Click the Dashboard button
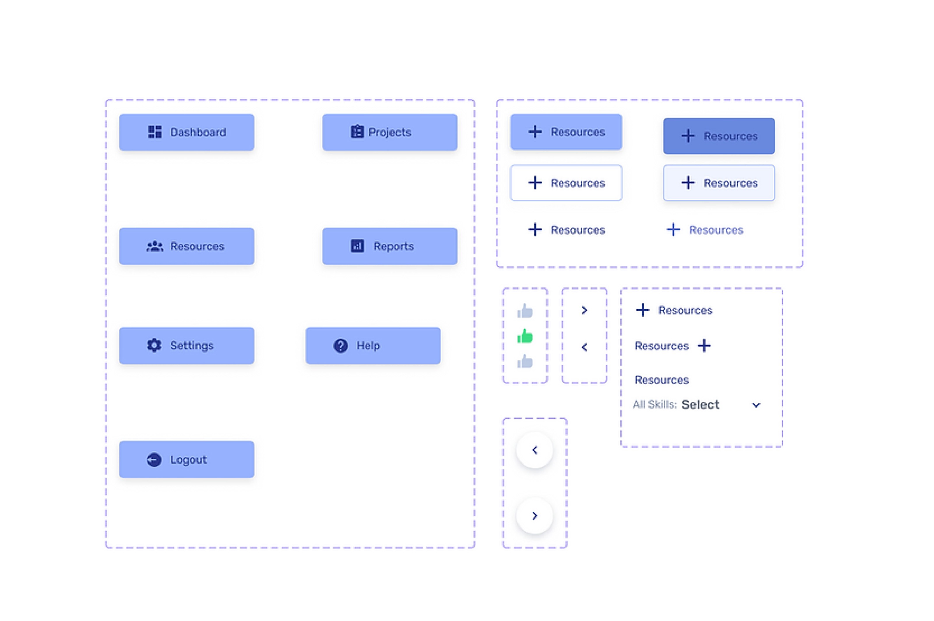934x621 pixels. point(187,132)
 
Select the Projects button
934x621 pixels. point(390,132)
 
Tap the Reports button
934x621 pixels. point(390,246)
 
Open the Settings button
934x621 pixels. point(187,345)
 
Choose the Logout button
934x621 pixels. point(187,459)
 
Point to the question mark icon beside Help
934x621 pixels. point(341,346)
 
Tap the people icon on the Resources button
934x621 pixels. point(155,246)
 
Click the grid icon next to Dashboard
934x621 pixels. point(155,132)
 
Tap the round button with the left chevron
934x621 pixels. point(535,450)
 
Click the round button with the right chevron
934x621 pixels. point(535,516)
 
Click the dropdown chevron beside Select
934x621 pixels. point(756,405)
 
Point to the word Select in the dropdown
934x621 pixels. point(700,404)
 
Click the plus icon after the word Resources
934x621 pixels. point(704,345)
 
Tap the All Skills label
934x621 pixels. point(655,404)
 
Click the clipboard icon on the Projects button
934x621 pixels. point(357,131)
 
